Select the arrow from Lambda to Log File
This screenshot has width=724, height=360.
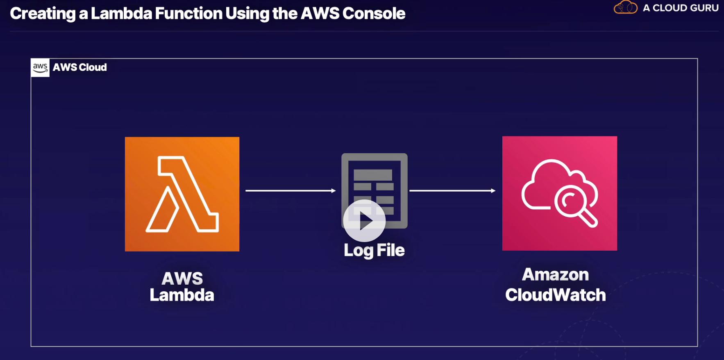[x=290, y=190]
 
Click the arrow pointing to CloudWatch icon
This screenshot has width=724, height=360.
[x=452, y=190]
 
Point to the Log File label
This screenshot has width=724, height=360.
[x=374, y=250]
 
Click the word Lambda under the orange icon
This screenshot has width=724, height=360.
[x=182, y=295]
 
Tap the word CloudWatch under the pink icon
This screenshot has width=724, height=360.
[x=555, y=295]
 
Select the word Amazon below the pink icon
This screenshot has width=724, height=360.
[x=555, y=274]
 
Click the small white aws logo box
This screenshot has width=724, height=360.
[x=40, y=68]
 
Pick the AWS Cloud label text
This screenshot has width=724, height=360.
[x=80, y=68]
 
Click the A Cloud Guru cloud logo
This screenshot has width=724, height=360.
[x=625, y=7]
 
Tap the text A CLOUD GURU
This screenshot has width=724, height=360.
[x=681, y=8]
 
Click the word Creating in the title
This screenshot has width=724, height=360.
[x=43, y=14]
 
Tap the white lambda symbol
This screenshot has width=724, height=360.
[x=182, y=194]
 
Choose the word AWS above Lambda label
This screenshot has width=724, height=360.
[x=182, y=278]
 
